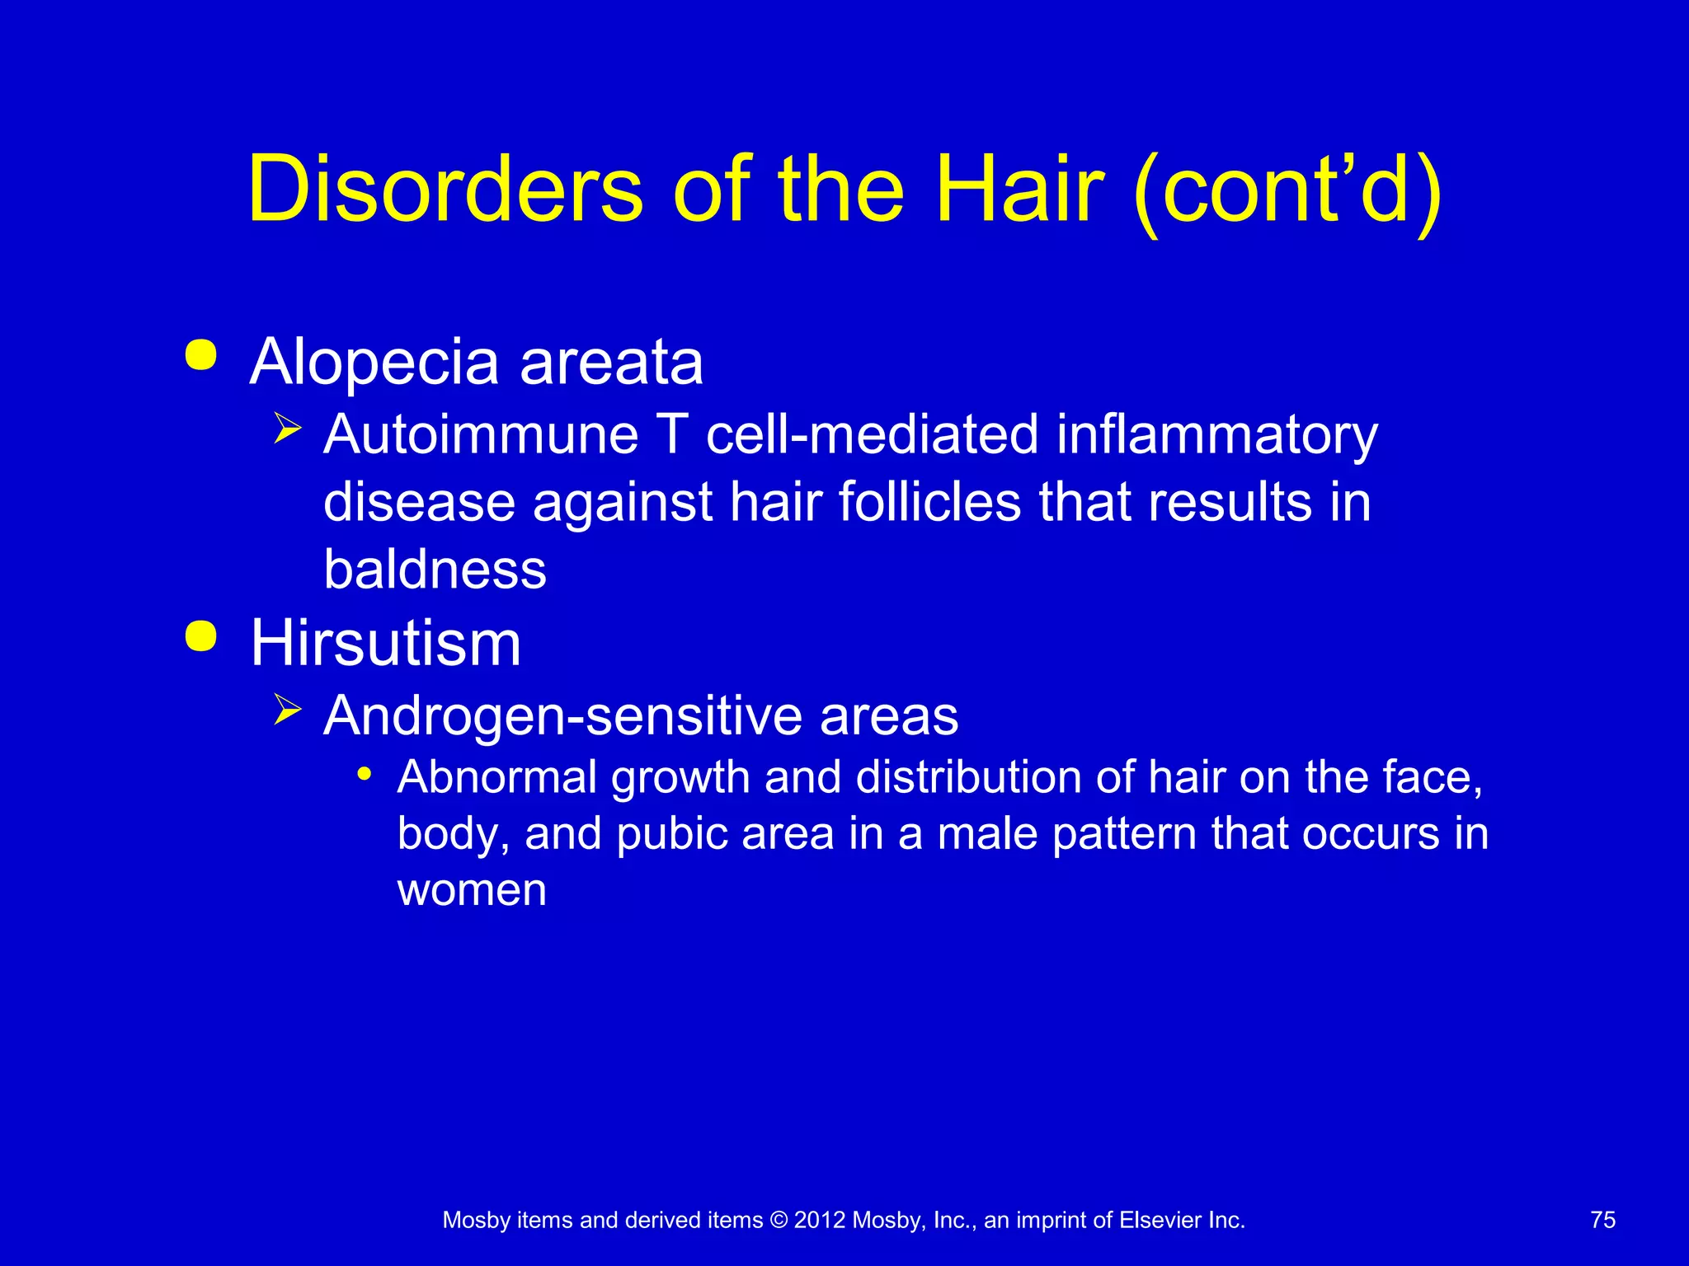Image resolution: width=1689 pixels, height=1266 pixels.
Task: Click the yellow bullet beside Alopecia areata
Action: pos(201,356)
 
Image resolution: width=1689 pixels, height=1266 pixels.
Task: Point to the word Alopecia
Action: pos(374,363)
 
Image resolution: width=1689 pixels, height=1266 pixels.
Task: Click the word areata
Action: pos(611,363)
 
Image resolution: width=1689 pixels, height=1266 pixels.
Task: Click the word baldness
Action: pos(435,569)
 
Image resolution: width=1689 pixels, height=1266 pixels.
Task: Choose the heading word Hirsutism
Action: pos(386,643)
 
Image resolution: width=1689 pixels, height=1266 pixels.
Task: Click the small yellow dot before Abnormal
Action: pos(365,775)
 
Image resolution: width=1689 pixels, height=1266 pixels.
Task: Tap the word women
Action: pos(472,890)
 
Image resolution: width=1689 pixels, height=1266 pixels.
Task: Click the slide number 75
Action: pos(1602,1220)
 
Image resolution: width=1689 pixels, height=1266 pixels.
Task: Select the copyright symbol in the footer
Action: pos(778,1221)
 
